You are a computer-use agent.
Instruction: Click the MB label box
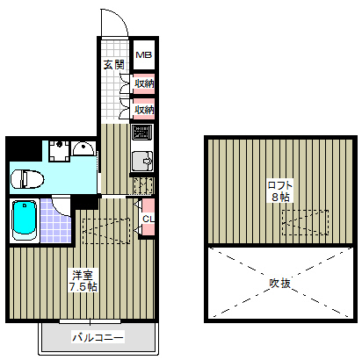click(144, 54)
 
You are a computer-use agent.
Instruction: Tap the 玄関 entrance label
click(114, 65)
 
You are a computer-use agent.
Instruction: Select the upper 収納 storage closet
click(144, 84)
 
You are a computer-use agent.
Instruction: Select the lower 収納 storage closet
click(144, 110)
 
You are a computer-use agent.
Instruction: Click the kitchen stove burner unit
click(142, 133)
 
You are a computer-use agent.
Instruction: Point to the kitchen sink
click(142, 161)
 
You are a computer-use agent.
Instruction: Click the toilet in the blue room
click(27, 179)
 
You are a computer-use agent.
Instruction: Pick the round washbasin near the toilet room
click(83, 148)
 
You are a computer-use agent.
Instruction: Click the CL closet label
click(148, 219)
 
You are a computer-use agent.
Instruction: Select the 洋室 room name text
click(83, 276)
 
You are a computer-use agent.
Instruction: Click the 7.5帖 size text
click(83, 287)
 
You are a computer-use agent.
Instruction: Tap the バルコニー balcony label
click(98, 337)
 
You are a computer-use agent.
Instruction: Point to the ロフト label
click(280, 185)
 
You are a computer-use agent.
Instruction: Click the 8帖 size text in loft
click(280, 197)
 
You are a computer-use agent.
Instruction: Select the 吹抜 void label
click(279, 283)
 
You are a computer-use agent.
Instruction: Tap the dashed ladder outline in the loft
click(305, 222)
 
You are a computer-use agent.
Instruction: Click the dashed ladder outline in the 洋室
click(106, 231)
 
